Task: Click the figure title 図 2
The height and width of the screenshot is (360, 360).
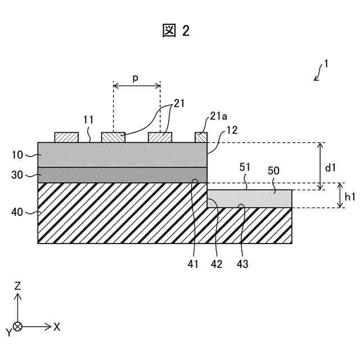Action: click(176, 31)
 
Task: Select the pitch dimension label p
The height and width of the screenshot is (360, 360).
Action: click(136, 78)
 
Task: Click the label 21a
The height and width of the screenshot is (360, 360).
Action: click(218, 116)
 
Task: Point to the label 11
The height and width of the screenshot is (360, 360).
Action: click(88, 120)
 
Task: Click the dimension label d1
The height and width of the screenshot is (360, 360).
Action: click(331, 167)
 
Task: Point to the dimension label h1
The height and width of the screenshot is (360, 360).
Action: click(350, 197)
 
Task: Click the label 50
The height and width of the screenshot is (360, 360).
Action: click(273, 170)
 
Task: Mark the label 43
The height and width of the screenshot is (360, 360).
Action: click(242, 263)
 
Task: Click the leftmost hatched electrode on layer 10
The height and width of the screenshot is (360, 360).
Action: click(66, 137)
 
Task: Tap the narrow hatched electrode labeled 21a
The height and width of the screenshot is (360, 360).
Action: click(201, 137)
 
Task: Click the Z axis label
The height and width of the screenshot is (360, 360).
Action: click(18, 286)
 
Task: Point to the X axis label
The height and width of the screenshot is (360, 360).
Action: click(57, 326)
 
